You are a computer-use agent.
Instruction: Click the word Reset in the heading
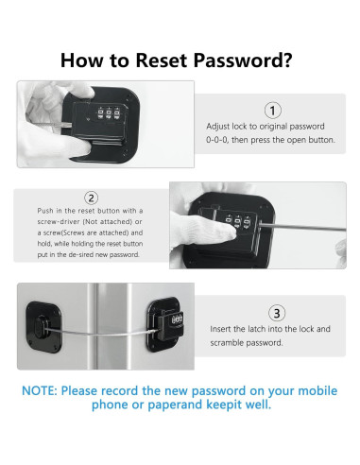coord(163,60)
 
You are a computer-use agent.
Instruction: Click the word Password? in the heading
coord(243,60)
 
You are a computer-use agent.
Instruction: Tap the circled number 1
coord(272,111)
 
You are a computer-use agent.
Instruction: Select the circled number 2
coord(91,198)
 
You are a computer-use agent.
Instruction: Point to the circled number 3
coord(277,313)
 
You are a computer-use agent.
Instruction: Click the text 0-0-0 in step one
coord(217,140)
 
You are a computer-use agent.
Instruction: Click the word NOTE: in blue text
coord(40,391)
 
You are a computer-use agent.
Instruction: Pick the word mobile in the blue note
coord(317,390)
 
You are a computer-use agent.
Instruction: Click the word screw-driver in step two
coord(59,221)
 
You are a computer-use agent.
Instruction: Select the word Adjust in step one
coord(217,127)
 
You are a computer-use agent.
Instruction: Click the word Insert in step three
coord(222,329)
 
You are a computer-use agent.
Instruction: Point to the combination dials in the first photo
coord(109,113)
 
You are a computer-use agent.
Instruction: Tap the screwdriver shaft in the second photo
coord(302,227)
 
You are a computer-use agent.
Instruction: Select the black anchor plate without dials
coord(43,327)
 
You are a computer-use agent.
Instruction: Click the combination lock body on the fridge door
coord(172,324)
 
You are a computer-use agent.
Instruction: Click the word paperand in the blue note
coord(175,405)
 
